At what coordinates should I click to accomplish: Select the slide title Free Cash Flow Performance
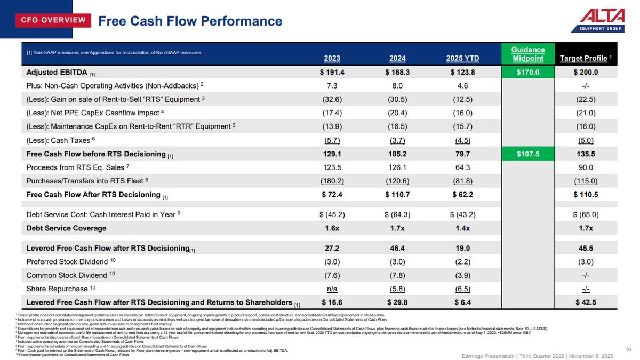190,21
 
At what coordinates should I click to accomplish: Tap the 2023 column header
332,58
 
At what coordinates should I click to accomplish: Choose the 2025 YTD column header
462,58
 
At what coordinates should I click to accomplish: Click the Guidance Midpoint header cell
528,54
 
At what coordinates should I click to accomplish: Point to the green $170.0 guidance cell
528,72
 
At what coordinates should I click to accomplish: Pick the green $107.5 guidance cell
528,154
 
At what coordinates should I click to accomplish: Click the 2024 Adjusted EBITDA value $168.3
397,72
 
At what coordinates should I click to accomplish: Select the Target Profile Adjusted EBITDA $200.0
585,72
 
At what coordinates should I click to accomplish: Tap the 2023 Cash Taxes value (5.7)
332,140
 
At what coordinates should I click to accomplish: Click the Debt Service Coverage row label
66,228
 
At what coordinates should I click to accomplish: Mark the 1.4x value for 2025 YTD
463,228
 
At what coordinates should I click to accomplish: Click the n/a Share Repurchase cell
332,289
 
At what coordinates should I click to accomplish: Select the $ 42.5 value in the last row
585,302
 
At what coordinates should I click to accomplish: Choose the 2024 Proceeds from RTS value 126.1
397,167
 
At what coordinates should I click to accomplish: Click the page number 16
627,349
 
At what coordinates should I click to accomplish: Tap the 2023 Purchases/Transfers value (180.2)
332,181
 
